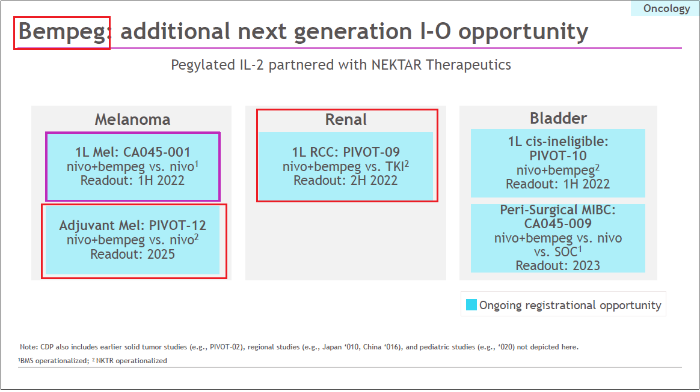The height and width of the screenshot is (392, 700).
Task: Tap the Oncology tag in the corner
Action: [666, 8]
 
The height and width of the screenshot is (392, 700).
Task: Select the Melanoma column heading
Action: [132, 119]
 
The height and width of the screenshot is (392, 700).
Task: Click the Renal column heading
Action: [346, 119]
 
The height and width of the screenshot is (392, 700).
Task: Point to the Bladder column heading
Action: [559, 118]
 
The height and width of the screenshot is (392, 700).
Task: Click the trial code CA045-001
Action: [157, 152]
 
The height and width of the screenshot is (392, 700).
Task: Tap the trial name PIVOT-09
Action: [372, 152]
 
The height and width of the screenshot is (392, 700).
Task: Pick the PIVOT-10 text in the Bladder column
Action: [558, 155]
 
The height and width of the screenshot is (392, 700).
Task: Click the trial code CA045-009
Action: [558, 223]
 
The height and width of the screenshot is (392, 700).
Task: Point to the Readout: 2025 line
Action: [132, 254]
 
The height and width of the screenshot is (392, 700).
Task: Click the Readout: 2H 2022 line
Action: [346, 181]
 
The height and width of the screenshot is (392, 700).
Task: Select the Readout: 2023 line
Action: [558, 265]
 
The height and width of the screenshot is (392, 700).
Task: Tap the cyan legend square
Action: [471, 305]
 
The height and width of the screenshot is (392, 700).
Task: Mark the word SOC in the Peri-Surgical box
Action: [566, 252]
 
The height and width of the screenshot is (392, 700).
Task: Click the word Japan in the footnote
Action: [332, 347]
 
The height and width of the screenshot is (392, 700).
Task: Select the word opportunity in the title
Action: [523, 32]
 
